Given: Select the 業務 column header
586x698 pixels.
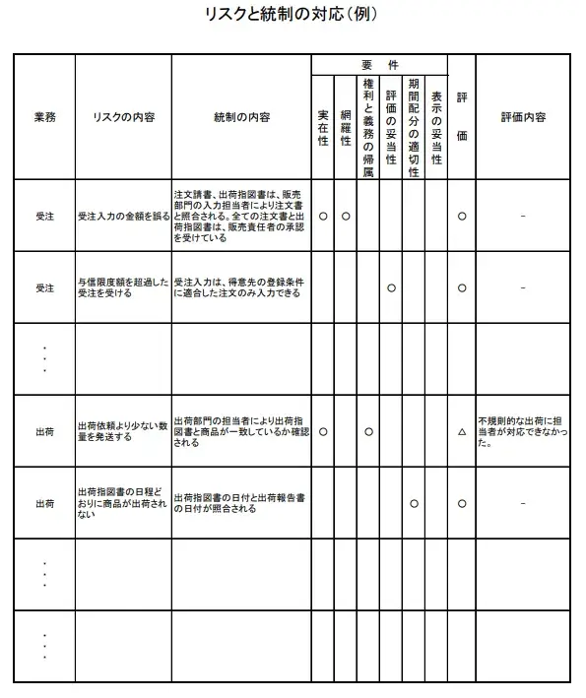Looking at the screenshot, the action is pos(44,116).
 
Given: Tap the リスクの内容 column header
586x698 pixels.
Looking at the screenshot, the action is pos(123,116).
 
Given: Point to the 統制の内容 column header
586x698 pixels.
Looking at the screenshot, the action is pos(241,116).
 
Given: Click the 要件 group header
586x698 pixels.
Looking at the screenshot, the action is pos(379,64).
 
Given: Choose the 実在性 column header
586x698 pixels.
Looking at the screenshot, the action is pos(323,127).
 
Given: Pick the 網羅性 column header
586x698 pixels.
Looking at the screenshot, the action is pos(346,127).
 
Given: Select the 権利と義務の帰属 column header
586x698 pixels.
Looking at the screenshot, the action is pos(368,127).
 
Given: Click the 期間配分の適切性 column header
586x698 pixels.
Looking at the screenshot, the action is pos(414,127).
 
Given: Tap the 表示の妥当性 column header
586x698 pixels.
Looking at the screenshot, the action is pos(436,127).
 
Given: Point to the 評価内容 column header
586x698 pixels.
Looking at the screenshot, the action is pos(523,116).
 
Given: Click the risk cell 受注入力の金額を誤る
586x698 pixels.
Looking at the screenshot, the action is pos(123,216).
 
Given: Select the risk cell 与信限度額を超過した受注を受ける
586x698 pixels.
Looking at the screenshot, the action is pos(123,287).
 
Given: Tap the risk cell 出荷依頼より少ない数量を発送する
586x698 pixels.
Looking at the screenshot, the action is pos(123,431).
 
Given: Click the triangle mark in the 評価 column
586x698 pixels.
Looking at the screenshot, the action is pos(462,431).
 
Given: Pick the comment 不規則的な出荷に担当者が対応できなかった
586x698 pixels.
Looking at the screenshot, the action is pos(523,431).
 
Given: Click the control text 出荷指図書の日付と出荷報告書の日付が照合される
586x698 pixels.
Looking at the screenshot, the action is pos(241,503).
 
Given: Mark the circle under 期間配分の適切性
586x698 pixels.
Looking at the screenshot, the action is pos(414,503).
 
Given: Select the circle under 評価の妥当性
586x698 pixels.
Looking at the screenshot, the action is pos(391,287).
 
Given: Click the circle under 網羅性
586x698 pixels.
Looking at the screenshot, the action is pos(346,216).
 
